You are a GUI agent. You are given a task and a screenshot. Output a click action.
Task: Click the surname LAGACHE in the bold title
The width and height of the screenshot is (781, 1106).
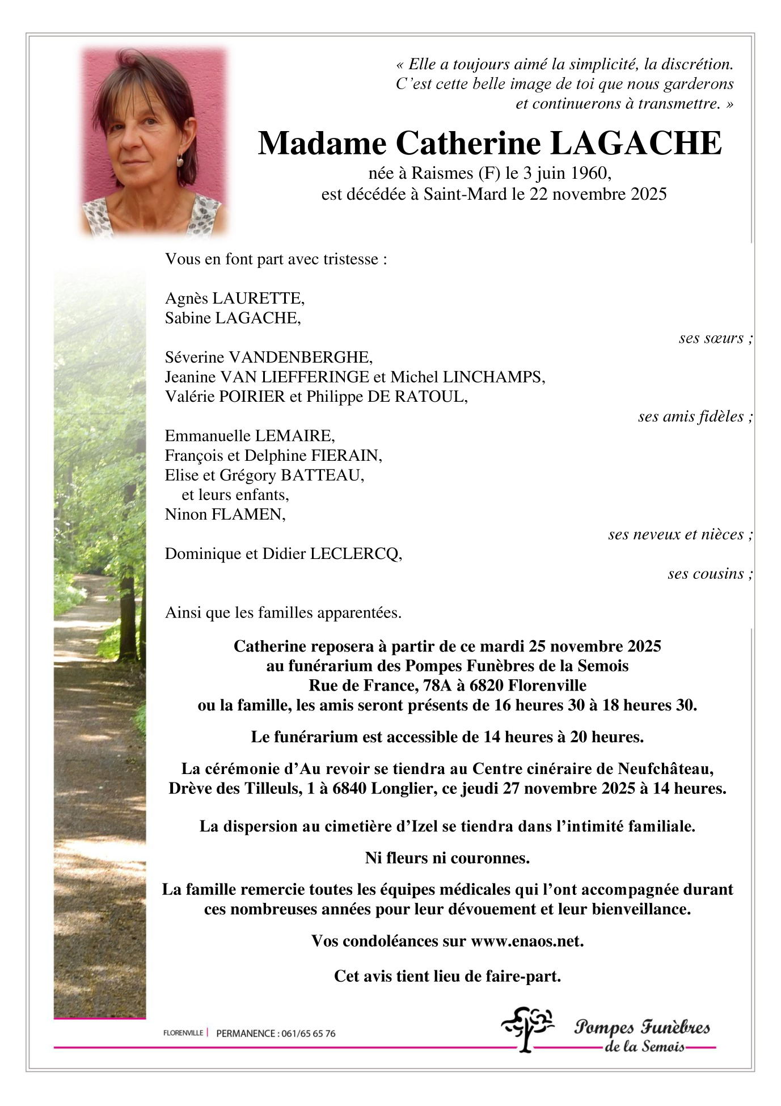click(636, 144)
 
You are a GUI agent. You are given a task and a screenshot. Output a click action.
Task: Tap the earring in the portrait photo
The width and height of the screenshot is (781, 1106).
click(180, 161)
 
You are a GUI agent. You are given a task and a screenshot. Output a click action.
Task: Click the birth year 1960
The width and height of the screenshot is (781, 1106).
click(589, 173)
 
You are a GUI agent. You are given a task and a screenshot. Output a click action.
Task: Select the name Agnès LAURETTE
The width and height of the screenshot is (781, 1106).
click(234, 298)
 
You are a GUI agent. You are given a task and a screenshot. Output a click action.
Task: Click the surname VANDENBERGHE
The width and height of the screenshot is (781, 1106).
click(299, 357)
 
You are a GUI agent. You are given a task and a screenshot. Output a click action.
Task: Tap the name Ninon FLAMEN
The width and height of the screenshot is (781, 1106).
click(225, 514)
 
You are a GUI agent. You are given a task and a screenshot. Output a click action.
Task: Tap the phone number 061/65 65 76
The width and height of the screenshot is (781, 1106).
click(307, 1033)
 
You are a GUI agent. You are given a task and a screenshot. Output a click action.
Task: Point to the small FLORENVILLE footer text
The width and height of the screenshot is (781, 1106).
click(183, 1033)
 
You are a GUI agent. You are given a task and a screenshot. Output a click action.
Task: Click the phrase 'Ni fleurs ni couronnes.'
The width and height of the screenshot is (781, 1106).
click(447, 858)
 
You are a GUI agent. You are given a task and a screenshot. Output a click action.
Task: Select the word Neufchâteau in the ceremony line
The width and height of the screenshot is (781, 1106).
click(665, 769)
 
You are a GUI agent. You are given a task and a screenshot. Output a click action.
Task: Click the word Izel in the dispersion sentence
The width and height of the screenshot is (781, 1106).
click(424, 826)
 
